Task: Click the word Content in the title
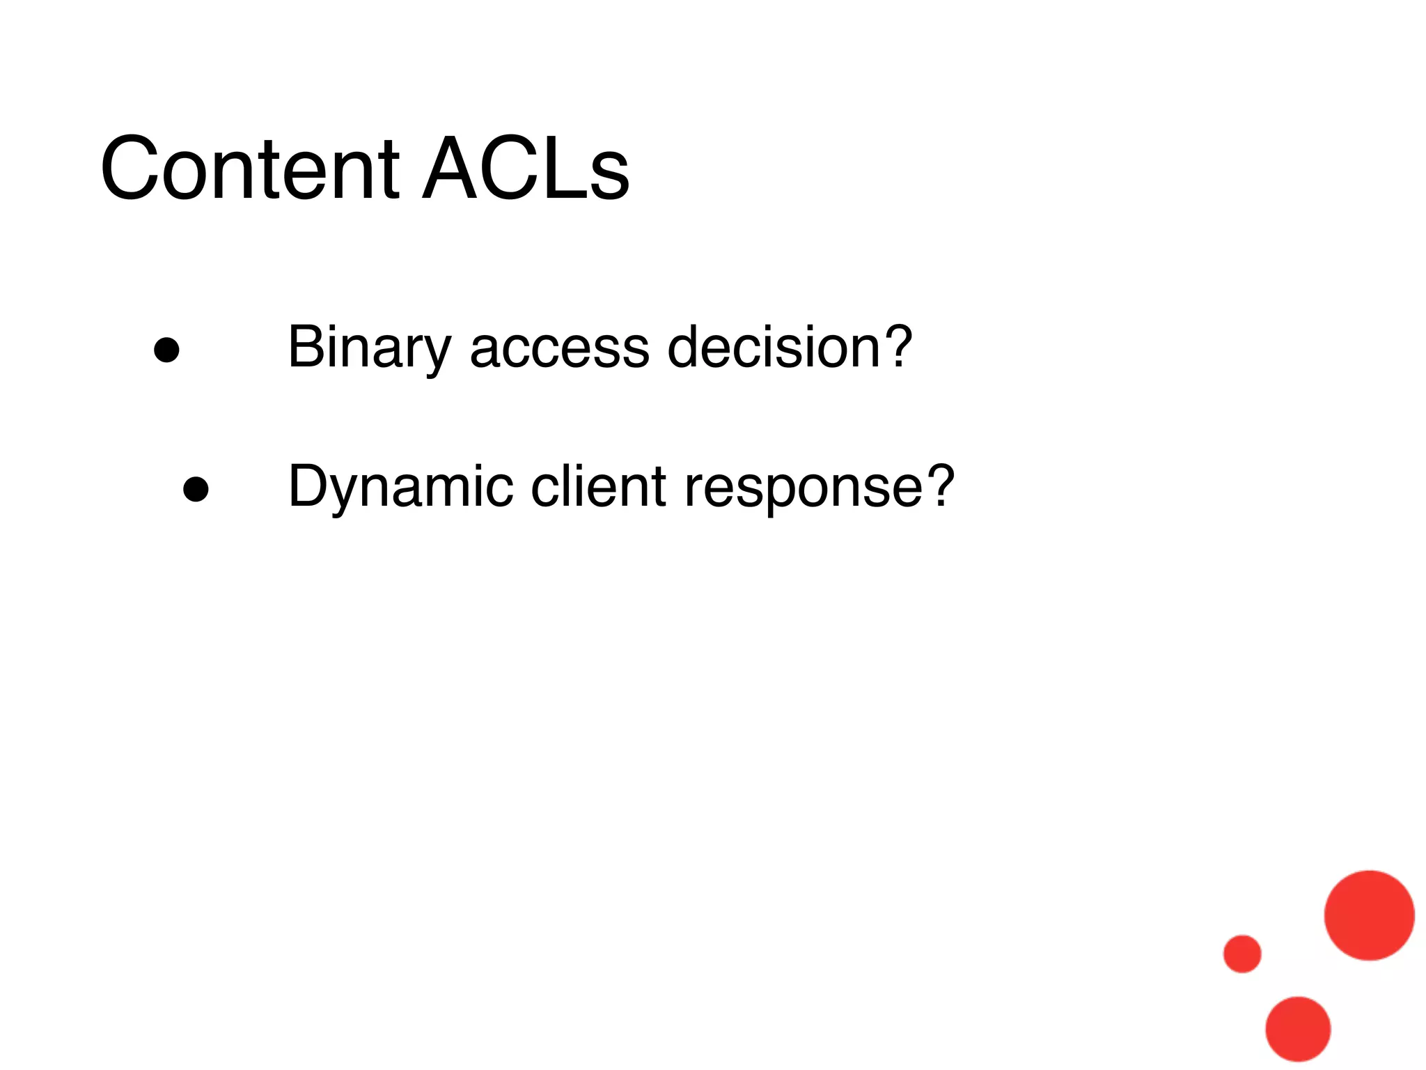249,169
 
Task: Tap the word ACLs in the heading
526,169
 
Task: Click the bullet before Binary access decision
167,350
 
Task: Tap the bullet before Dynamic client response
196,489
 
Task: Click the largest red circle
1369,915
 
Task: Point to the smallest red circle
1242,953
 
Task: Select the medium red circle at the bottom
1298,1029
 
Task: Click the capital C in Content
132,169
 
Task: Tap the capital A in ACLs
452,169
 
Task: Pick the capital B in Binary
306,347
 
